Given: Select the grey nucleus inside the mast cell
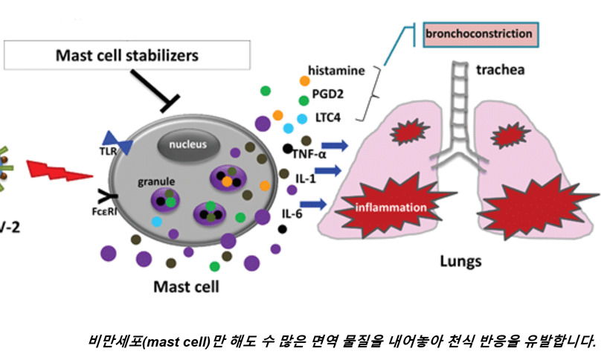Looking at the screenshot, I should point(187,144).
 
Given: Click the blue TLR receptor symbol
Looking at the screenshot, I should point(118,143).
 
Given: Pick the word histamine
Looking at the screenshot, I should point(336,71).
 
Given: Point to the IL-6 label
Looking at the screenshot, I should point(291,214).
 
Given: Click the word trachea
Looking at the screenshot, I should point(501,70).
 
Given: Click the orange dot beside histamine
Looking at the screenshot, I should point(304,80).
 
